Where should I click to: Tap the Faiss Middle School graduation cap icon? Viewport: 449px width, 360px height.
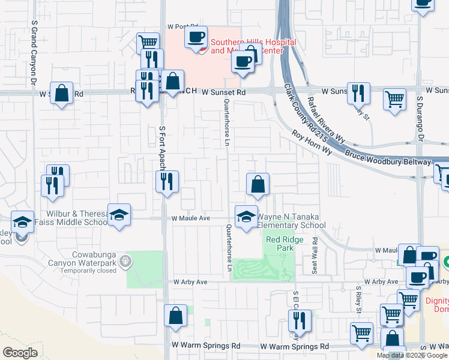point(119,215)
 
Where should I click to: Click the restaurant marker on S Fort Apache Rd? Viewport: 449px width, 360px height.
point(167,182)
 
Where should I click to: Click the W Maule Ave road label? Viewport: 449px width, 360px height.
point(190,219)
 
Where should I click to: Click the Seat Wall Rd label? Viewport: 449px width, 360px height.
point(313,256)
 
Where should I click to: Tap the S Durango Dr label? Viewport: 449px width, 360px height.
point(421,114)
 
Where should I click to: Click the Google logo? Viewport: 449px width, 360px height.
point(20,353)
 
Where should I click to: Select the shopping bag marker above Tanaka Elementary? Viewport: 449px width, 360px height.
point(258,185)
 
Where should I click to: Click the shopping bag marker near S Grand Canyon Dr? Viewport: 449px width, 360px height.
point(61,94)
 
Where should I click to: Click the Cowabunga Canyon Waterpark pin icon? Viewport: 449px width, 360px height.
point(125,261)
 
